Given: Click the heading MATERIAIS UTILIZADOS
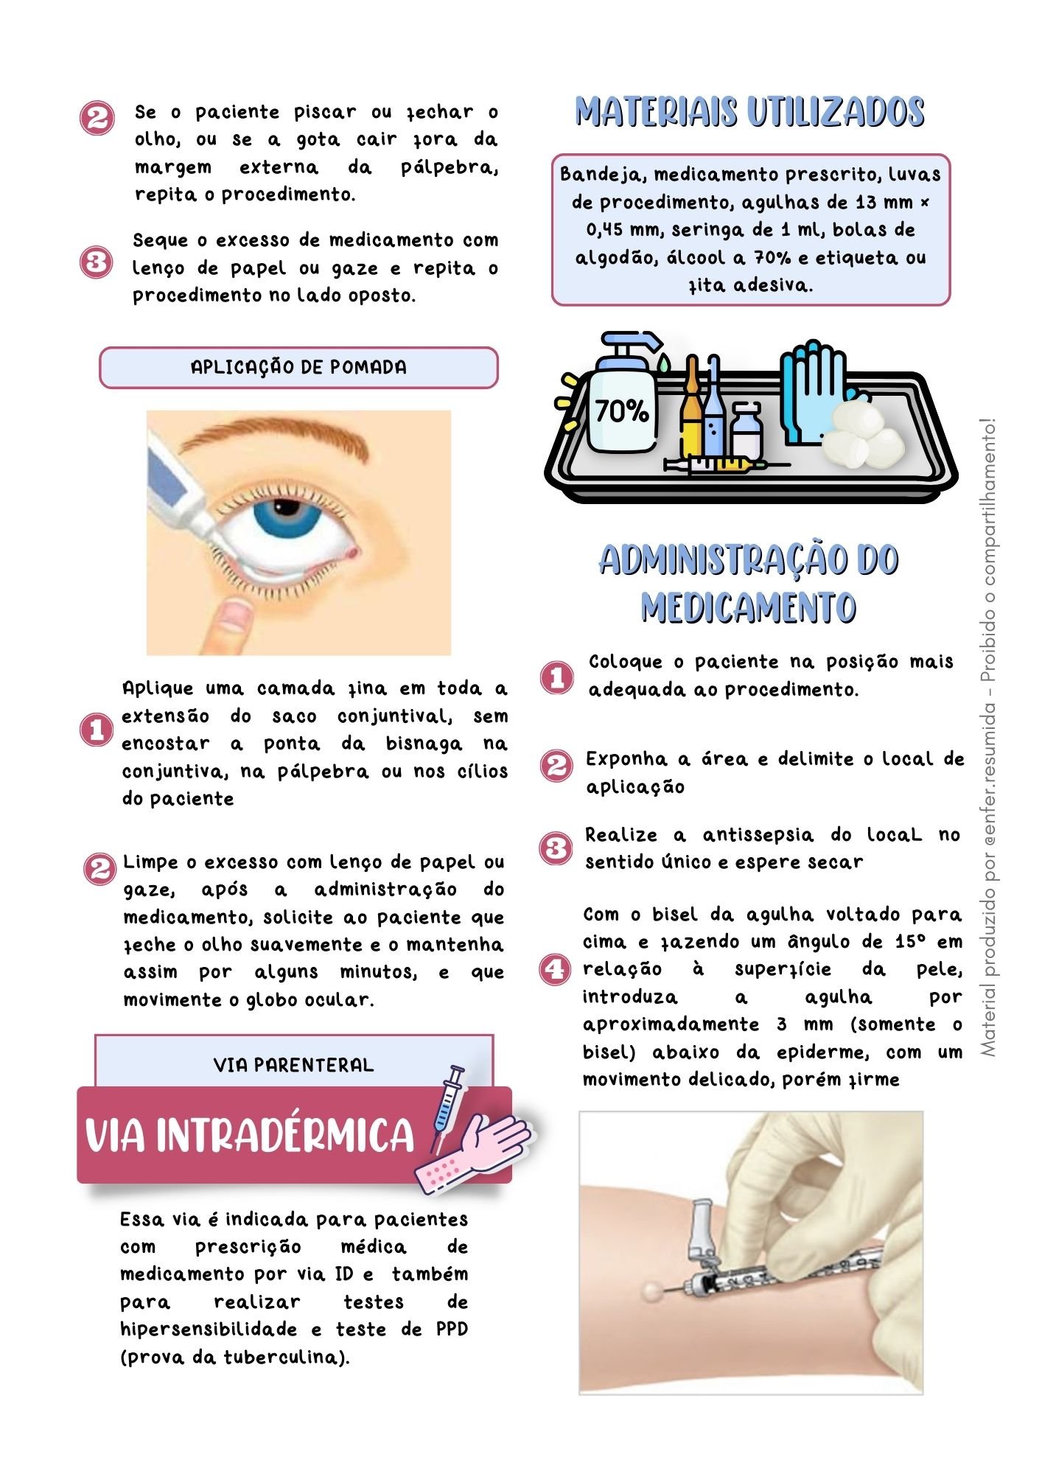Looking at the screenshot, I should point(749,112).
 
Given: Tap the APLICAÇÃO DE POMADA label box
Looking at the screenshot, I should point(298,367).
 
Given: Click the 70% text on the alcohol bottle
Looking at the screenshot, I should point(621,411).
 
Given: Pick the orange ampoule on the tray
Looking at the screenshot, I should point(692,413).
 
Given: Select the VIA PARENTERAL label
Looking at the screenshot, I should point(293,1065).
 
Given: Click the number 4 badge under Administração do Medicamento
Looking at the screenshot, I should point(556,968).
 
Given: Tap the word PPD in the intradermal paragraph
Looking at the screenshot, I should point(452,1330).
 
